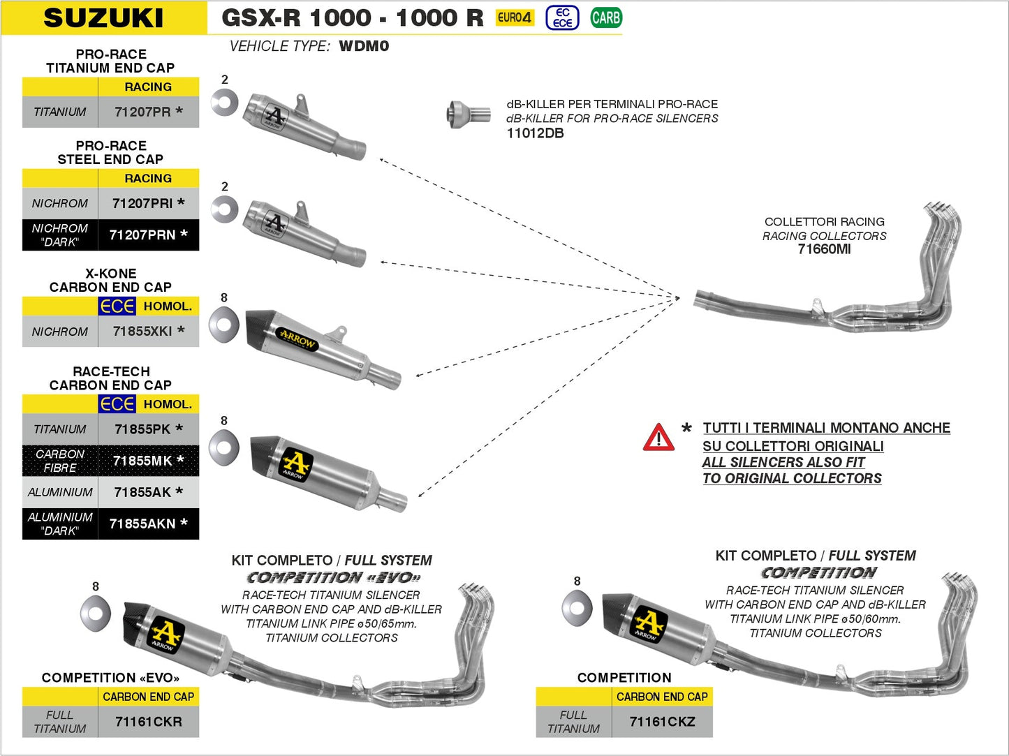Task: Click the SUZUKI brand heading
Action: [x=103, y=17]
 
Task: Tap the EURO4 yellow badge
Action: [x=515, y=17]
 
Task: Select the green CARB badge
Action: [x=605, y=17]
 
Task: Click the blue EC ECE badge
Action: [x=562, y=17]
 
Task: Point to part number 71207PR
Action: [x=142, y=112]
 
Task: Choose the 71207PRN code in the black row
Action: [x=142, y=235]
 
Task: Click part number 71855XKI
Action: [x=142, y=331]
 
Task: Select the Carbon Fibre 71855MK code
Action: [x=142, y=461]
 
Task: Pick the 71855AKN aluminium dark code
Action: [x=142, y=524]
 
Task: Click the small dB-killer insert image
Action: [x=468, y=114]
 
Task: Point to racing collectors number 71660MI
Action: [x=824, y=249]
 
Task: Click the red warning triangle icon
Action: [x=658, y=438]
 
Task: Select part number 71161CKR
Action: [x=148, y=722]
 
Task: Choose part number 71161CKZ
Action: [x=662, y=722]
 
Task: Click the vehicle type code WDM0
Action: [x=364, y=46]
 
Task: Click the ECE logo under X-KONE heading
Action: [x=117, y=306]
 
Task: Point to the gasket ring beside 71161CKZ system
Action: [x=577, y=608]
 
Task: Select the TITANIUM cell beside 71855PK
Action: [x=60, y=429]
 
